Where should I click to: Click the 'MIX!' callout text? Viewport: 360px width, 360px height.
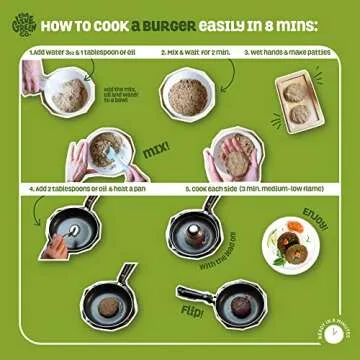(x=156, y=149)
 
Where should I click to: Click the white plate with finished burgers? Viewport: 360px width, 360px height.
(x=291, y=247)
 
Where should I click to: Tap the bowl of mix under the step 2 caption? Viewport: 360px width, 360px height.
(x=187, y=96)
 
